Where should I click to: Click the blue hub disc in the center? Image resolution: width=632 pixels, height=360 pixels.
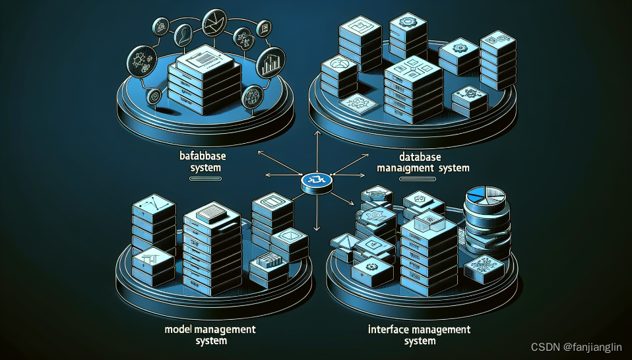(x=315, y=179)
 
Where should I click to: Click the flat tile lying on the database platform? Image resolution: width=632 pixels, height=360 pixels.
(x=360, y=104)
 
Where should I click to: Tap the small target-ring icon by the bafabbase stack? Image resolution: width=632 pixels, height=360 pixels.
(x=154, y=96)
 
